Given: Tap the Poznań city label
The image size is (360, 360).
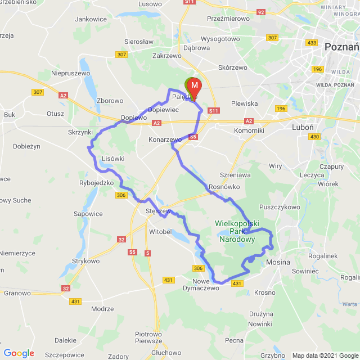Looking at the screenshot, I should click(341, 47).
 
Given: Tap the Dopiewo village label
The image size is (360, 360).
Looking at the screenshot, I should click(133, 118).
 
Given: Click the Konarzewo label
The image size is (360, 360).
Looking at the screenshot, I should click(165, 139).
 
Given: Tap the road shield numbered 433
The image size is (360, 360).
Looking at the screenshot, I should click(311, 43).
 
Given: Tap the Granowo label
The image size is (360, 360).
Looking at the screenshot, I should click(17, 293).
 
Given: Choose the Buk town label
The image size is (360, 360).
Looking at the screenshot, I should click(10, 114).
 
